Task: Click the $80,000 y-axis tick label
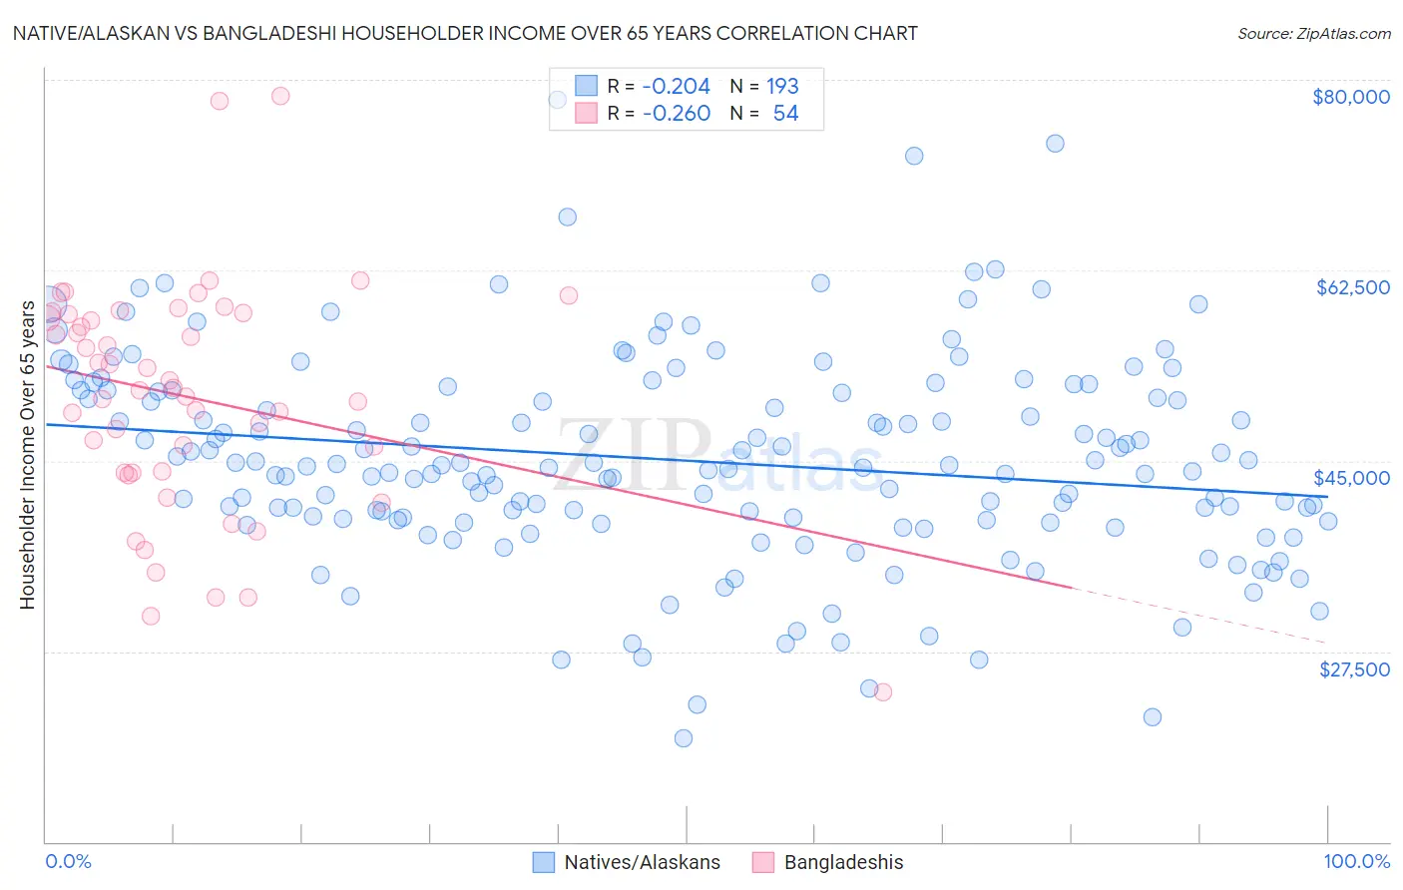tap(1351, 97)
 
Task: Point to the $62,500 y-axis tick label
tap(1352, 287)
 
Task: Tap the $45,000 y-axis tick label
tap(1351, 478)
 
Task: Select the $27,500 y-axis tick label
tap(1354, 669)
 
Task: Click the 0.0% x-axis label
tap(68, 861)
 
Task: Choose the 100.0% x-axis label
tap(1357, 861)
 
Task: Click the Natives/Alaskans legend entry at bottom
tap(642, 862)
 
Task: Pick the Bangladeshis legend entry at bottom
tap(843, 862)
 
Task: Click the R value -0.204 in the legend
tap(676, 86)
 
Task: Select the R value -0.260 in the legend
tap(676, 114)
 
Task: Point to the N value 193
tap(782, 86)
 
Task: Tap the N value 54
tap(785, 114)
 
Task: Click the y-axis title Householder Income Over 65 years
tap(27, 454)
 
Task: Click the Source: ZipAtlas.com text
tap(1313, 33)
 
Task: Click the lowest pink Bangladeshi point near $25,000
tap(882, 691)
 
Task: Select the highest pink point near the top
tap(280, 96)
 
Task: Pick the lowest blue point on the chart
tap(684, 738)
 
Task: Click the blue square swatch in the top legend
tap(586, 86)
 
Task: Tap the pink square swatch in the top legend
tap(586, 114)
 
